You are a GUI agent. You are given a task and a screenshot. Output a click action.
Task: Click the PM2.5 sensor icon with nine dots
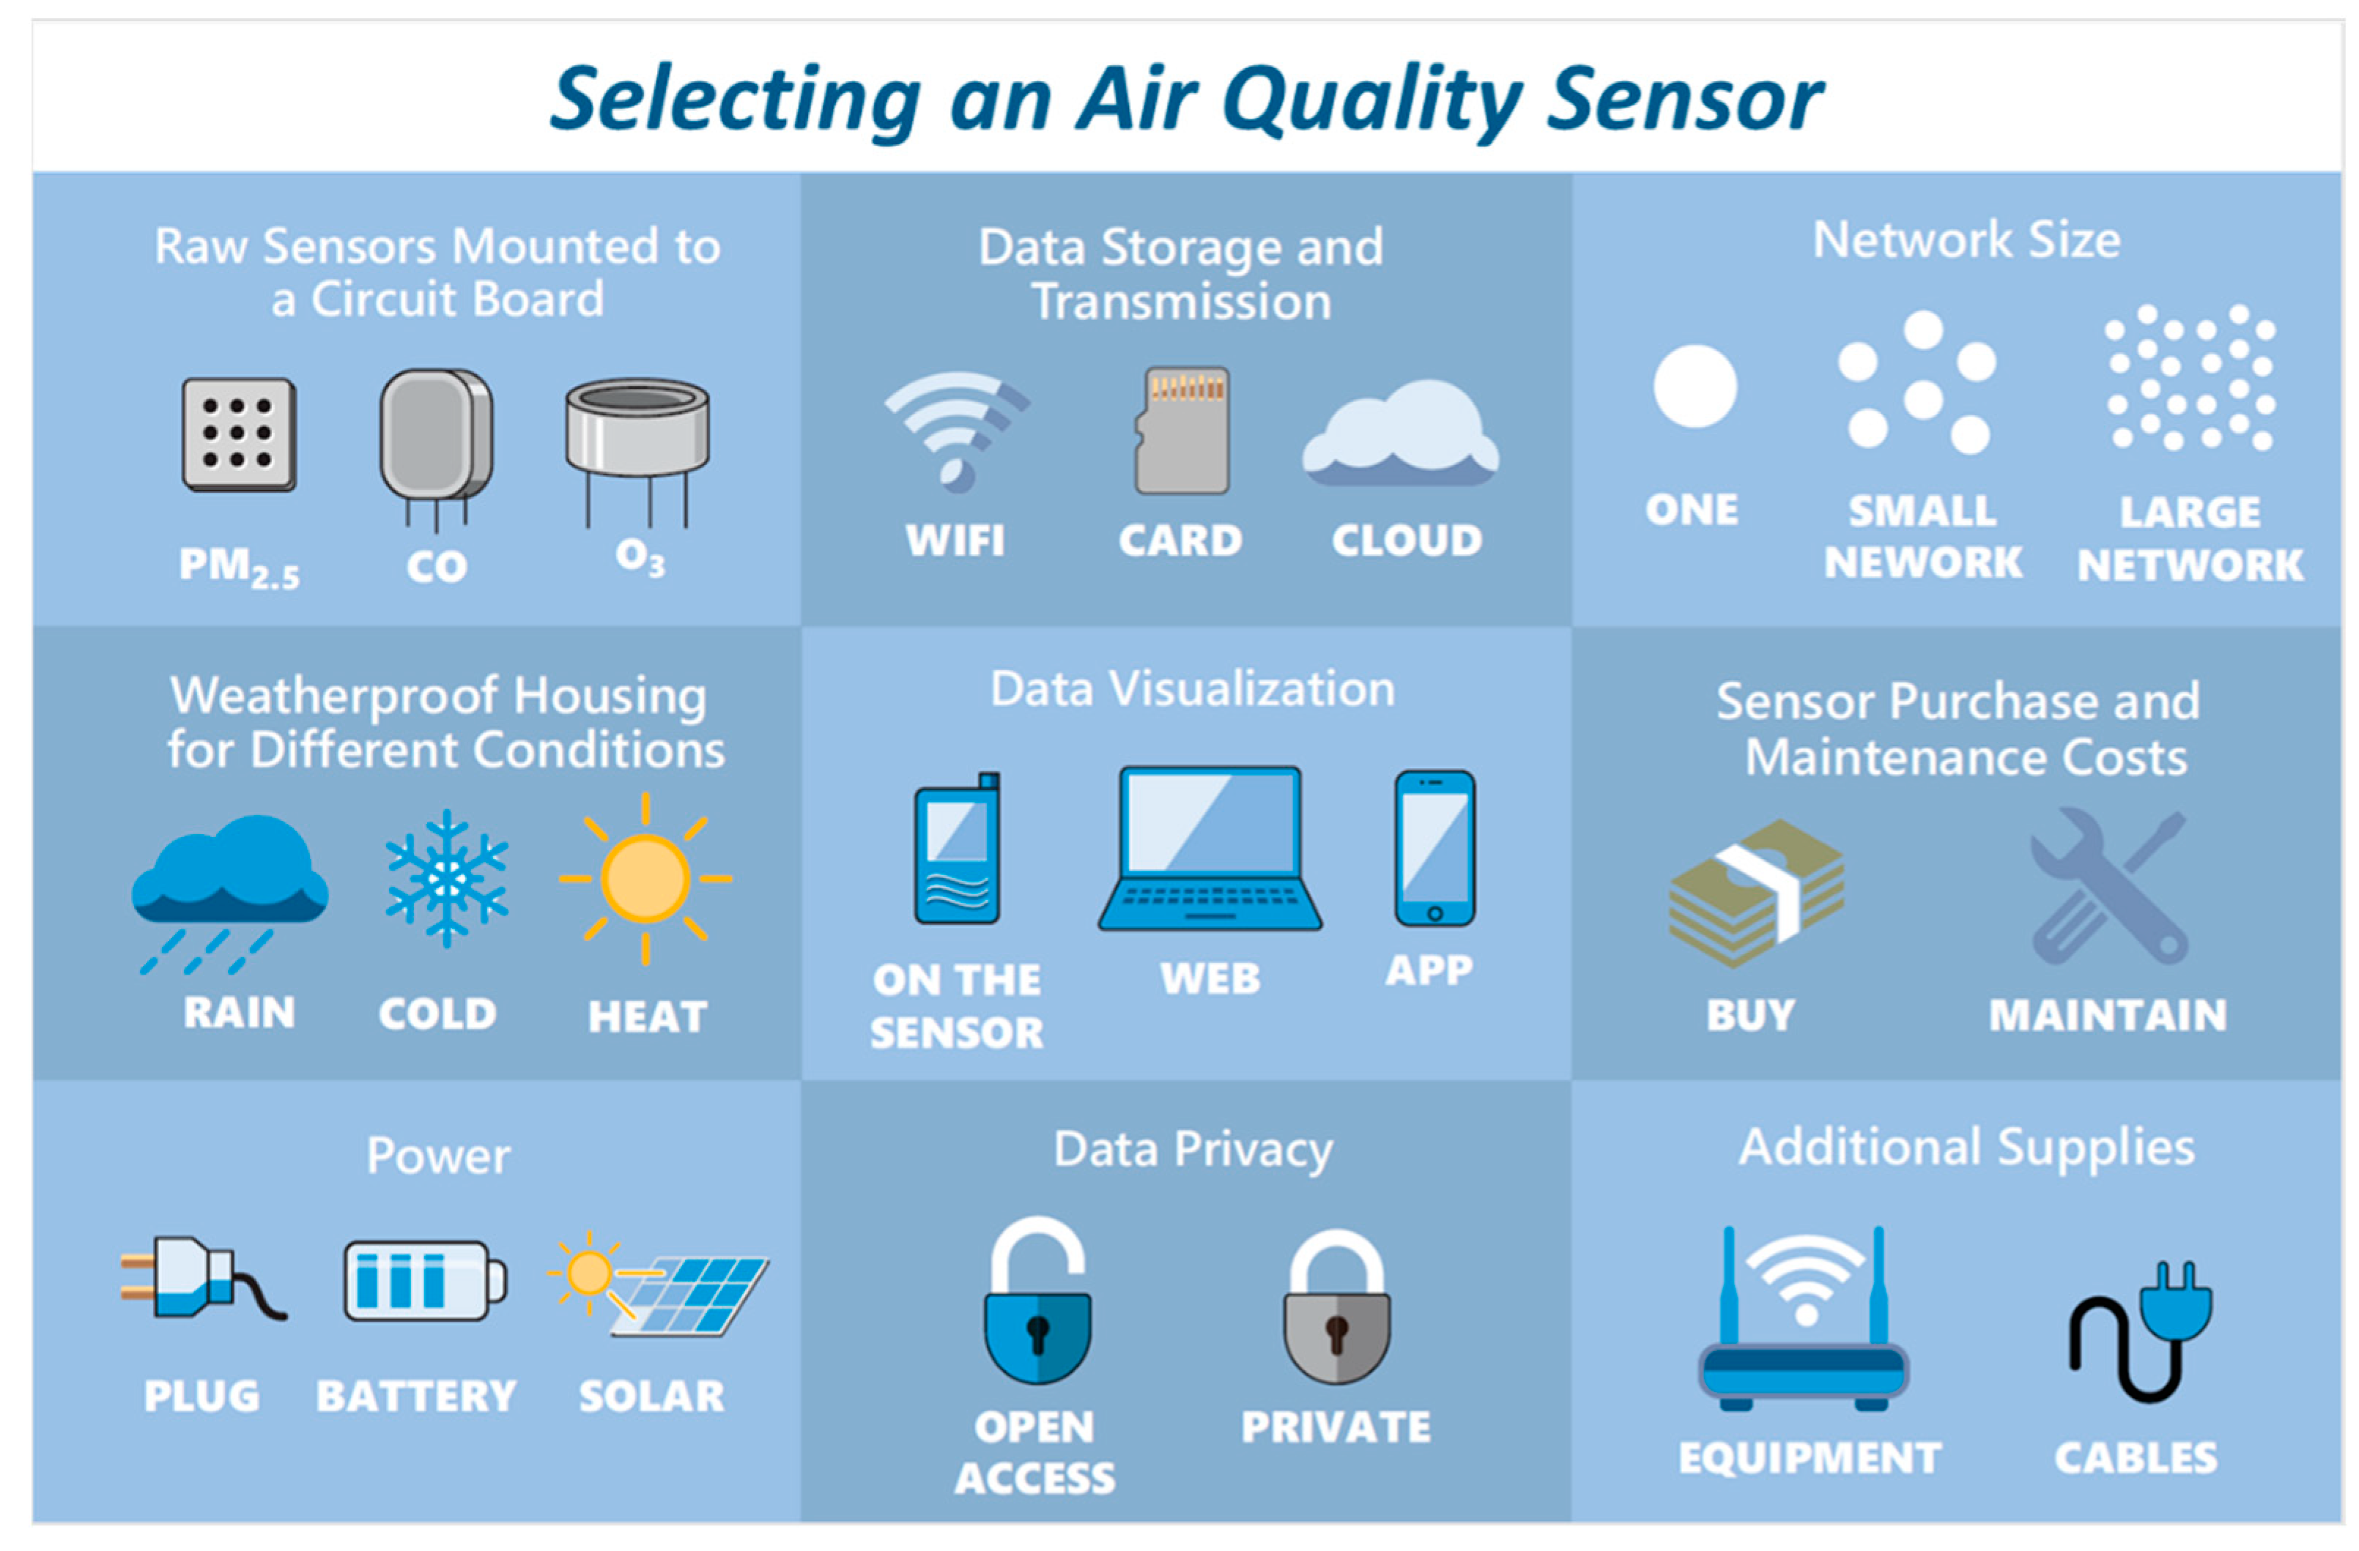pyautogui.click(x=239, y=434)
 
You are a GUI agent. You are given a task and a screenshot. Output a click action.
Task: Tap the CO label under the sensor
pyautogui.click(x=436, y=567)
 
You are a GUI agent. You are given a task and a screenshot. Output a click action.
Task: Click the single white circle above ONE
pyautogui.click(x=1695, y=387)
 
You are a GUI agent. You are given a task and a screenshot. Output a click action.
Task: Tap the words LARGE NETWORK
pyautogui.click(x=2190, y=539)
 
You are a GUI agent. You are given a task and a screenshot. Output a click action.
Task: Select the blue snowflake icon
pyautogui.click(x=447, y=878)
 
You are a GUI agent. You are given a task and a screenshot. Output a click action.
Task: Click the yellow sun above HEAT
pyautogui.click(x=645, y=878)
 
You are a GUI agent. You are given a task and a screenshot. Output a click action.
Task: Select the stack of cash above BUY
pyautogui.click(x=1755, y=892)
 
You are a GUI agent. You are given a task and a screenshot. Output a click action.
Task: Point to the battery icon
pyautogui.click(x=424, y=1281)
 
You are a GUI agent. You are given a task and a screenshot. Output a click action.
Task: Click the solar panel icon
pyautogui.click(x=684, y=1293)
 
